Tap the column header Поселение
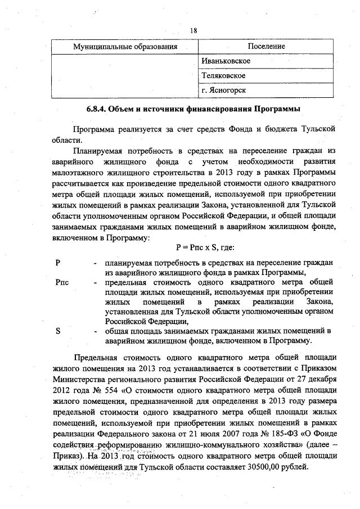(266, 46)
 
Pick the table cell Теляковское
(226, 75)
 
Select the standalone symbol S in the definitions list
(58, 331)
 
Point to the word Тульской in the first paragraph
(315, 129)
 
